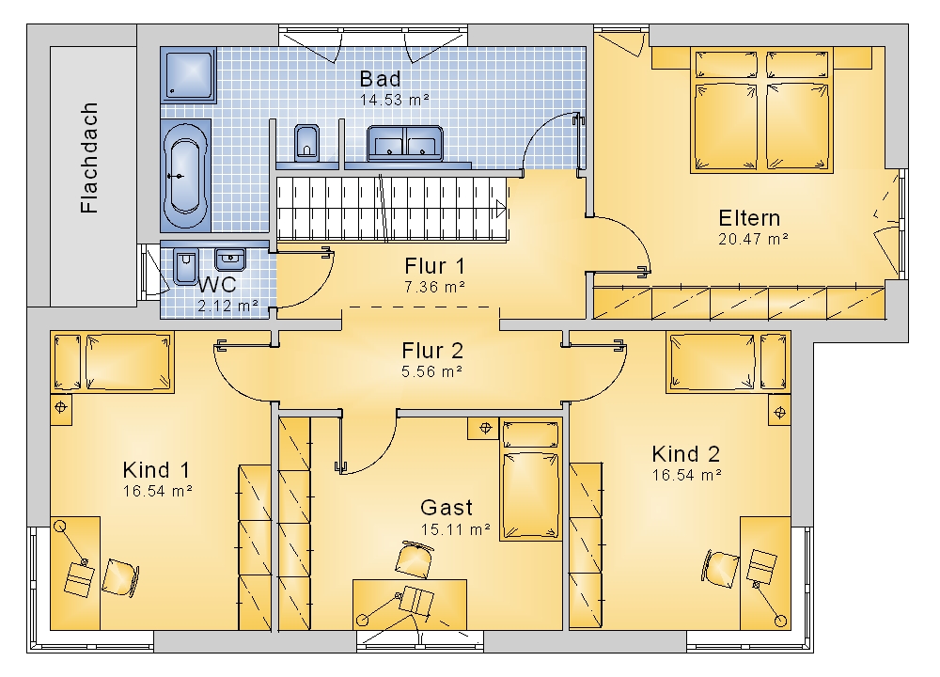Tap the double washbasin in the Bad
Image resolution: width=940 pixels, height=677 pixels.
click(405, 143)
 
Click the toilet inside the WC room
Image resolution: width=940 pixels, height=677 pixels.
click(186, 266)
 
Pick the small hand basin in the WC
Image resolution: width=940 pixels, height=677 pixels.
click(229, 260)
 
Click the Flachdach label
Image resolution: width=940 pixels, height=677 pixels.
click(88, 158)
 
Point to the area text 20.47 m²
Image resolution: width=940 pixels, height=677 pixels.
click(753, 239)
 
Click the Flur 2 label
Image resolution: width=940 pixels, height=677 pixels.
click(432, 350)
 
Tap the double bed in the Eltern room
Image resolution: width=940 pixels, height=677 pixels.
click(761, 111)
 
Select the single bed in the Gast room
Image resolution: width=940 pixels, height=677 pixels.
click(530, 480)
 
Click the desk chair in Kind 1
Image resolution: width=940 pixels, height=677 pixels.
click(120, 577)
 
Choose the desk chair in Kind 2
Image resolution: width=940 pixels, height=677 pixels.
click(719, 567)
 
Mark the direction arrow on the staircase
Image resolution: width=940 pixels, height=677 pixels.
click(502, 209)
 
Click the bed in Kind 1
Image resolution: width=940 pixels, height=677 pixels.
click(112, 362)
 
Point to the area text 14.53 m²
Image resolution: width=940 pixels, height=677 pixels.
click(395, 100)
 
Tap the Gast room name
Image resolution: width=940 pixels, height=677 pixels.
click(446, 508)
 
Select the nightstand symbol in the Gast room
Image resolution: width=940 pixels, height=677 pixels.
click(485, 428)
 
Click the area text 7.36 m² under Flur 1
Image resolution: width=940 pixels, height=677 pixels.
click(434, 287)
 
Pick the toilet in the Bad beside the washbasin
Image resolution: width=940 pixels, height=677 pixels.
click(307, 143)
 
